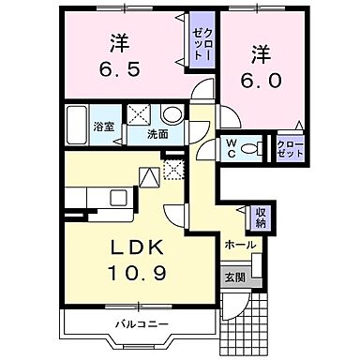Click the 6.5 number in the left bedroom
(x=121, y=69)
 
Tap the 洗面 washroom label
(x=157, y=134)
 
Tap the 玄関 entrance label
(x=233, y=277)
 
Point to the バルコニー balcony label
(x=141, y=325)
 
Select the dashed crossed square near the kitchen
(x=172, y=170)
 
